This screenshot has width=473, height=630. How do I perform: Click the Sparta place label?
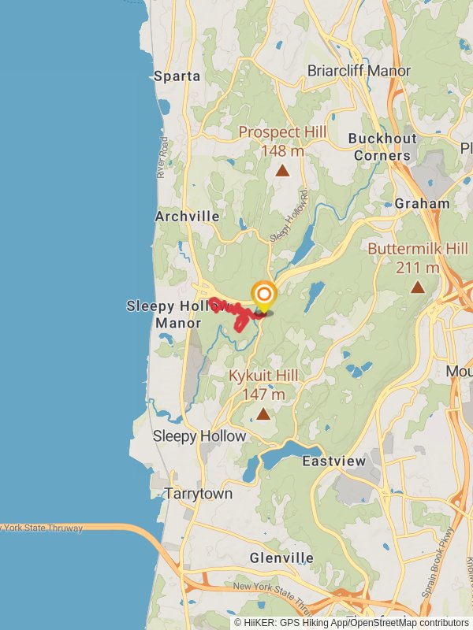tap(177, 76)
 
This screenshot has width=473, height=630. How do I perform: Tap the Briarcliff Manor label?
tap(359, 71)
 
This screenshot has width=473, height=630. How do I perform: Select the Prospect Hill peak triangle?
tap(282, 169)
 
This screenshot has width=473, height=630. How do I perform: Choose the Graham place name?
tap(422, 203)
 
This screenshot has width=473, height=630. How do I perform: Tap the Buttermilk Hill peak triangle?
tap(418, 288)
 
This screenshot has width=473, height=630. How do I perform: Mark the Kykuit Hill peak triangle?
tap(263, 413)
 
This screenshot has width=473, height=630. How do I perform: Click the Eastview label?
tap(334, 461)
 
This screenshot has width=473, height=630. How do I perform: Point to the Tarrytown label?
tap(199, 494)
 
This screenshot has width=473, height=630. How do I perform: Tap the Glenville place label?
tap(281, 558)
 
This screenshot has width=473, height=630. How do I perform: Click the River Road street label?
tap(163, 157)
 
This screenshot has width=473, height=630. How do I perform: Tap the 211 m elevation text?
tap(417, 268)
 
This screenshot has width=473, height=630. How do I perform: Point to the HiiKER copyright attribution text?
tap(351, 622)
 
